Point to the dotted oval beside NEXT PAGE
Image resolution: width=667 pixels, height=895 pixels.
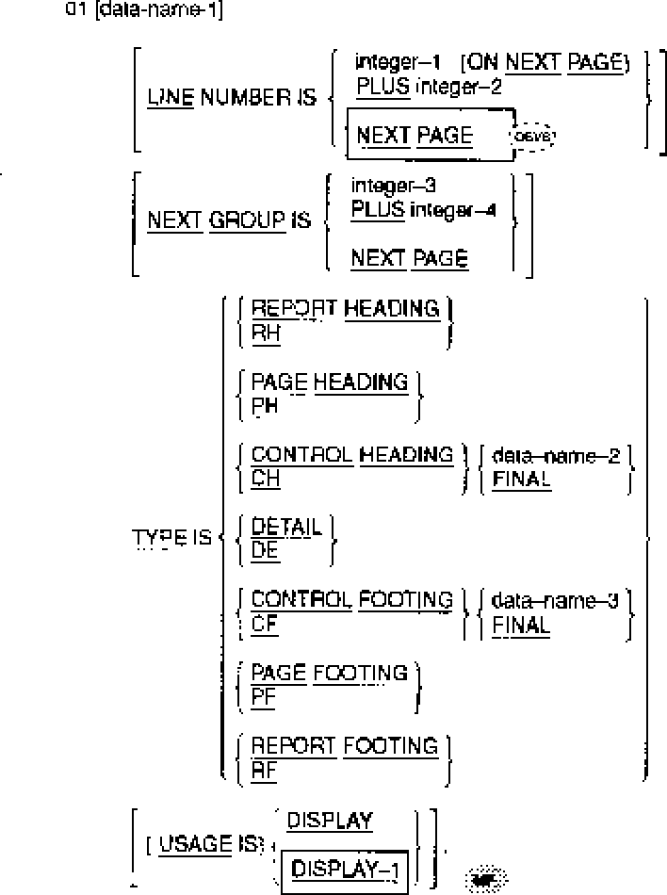532,137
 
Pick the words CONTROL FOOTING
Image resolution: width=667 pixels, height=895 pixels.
352,600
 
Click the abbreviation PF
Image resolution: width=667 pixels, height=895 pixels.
263,696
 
